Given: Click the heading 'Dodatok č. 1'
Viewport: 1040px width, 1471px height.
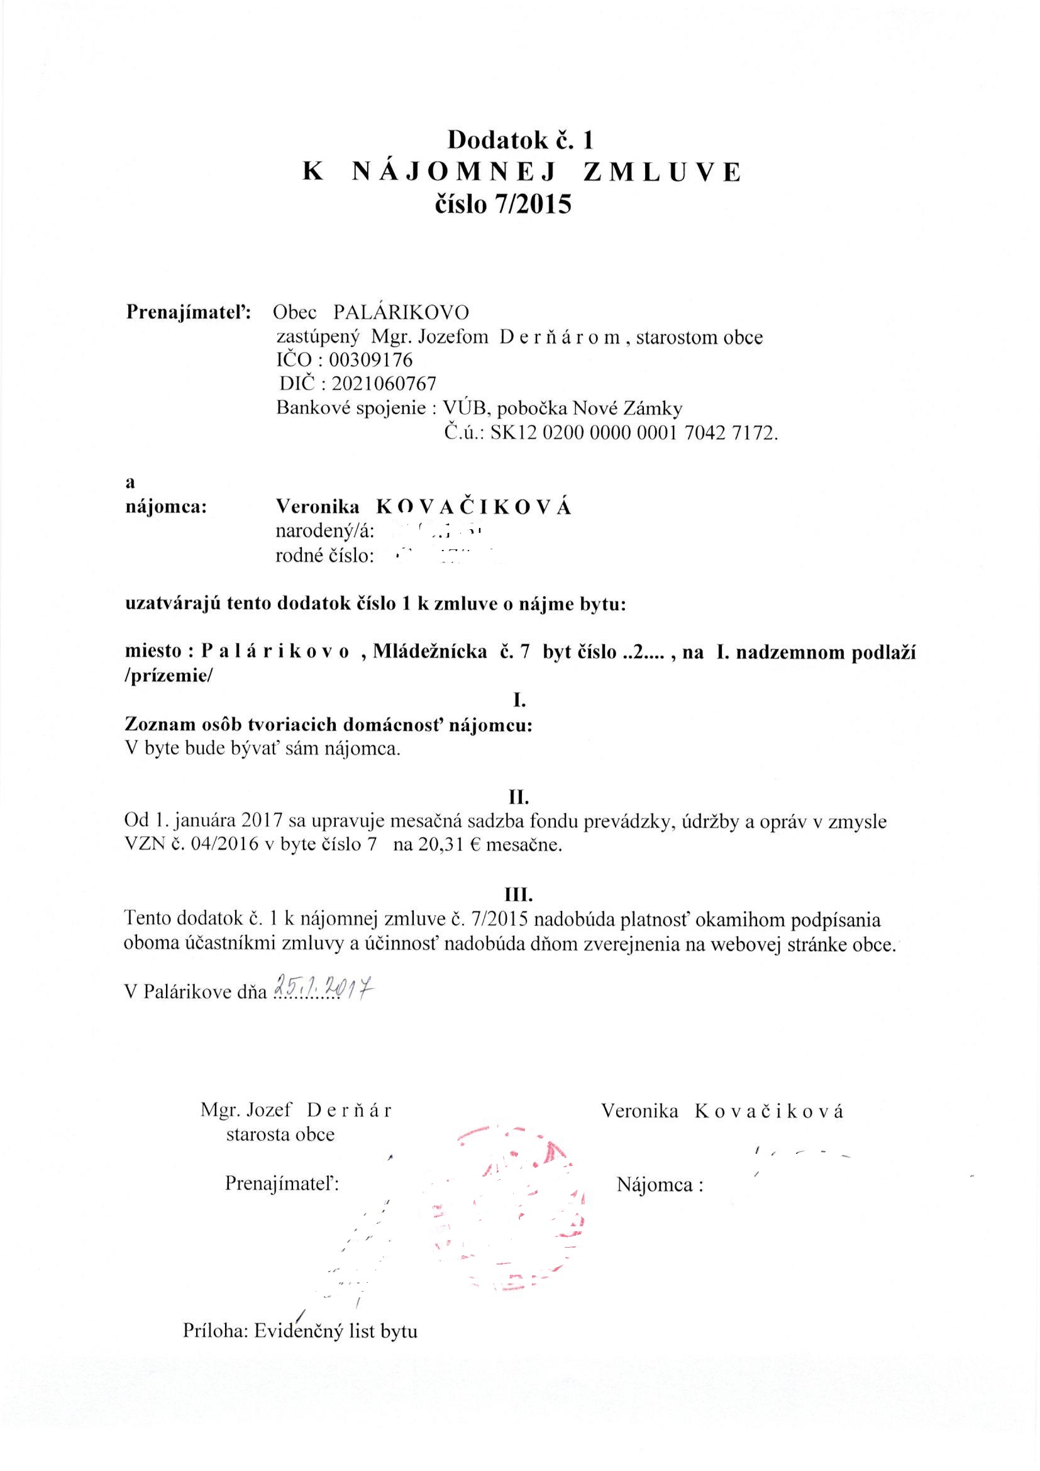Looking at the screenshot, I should point(521,139).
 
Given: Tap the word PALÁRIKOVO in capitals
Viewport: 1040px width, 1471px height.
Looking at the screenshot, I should point(401,312).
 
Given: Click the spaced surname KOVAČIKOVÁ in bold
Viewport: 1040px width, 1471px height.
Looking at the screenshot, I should point(473,506).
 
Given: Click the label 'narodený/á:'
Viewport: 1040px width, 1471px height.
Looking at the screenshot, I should point(324,531).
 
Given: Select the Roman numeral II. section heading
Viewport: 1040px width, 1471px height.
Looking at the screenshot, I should point(519,797).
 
